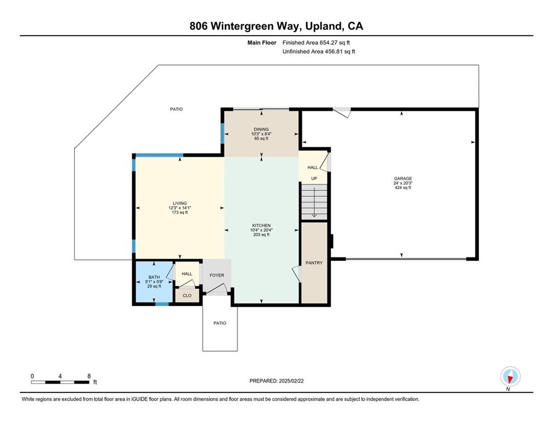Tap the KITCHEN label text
click(261, 226)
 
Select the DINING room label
click(261, 130)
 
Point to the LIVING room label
click(179, 203)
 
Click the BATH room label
click(154, 278)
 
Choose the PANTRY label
click(314, 263)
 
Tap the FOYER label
click(217, 276)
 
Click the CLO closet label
click(187, 295)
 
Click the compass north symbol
click(510, 377)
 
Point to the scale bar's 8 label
click(89, 376)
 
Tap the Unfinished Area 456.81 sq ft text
click(319, 51)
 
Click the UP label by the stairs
click(314, 178)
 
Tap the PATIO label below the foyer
click(219, 323)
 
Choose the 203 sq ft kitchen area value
click(261, 234)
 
